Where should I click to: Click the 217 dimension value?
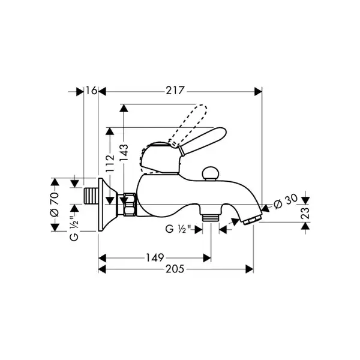coord(175,91)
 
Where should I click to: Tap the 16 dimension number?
coord(91,91)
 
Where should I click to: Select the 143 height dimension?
coord(124,152)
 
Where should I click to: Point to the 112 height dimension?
coord(110,163)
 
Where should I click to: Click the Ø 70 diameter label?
coord(55,205)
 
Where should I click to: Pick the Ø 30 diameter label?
coord(286,202)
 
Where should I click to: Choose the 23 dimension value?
coord(305,214)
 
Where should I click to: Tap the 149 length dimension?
coord(155,257)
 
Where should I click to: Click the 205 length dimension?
coord(175,269)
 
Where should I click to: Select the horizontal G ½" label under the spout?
coord(178,229)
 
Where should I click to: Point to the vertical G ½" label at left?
coord(74,229)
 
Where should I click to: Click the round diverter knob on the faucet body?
coord(209,173)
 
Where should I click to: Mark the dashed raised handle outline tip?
coord(202,109)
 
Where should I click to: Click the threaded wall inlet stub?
coord(90,196)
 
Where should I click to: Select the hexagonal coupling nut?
coord(130,205)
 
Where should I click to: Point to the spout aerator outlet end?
coord(253,220)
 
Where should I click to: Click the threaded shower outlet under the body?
coord(210,217)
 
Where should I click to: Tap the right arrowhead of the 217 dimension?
coord(258,91)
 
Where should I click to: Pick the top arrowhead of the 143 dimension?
coord(124,108)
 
